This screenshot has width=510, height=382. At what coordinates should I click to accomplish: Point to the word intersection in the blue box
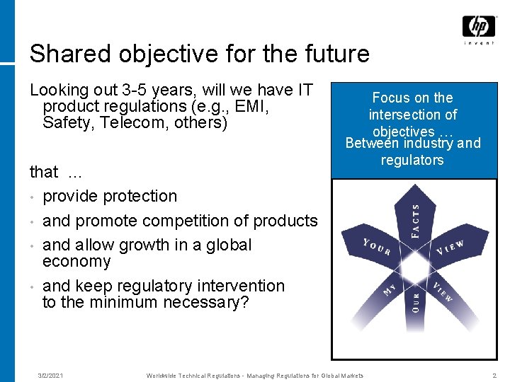[412, 115]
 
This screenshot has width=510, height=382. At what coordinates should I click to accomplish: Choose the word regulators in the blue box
[412, 160]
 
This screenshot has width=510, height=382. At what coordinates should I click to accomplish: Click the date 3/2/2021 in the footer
[50, 375]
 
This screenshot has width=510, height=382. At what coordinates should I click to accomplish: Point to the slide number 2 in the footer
[494, 375]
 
